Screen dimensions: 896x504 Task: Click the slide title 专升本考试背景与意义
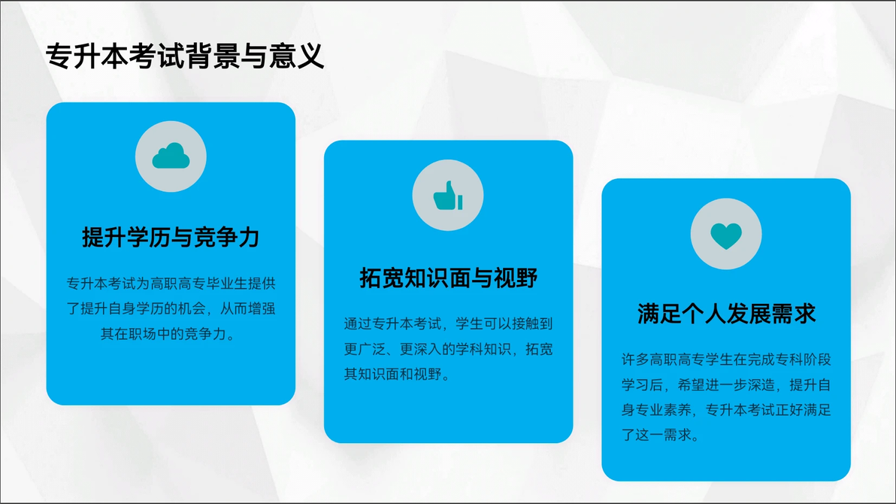click(x=185, y=56)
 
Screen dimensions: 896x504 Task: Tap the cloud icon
click(x=171, y=156)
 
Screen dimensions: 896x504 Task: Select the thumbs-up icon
click(x=448, y=196)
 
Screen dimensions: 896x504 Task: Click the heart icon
click(x=725, y=235)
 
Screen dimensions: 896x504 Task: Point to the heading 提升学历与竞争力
click(x=171, y=237)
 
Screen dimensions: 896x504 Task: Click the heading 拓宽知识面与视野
click(x=448, y=278)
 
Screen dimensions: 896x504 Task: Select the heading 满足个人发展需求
click(x=726, y=314)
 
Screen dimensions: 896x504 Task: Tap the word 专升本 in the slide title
click(x=87, y=56)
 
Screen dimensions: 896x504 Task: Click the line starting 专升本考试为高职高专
click(x=171, y=283)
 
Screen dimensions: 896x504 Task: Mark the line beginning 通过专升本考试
click(x=448, y=323)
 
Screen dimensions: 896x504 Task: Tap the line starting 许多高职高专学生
click(x=726, y=360)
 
